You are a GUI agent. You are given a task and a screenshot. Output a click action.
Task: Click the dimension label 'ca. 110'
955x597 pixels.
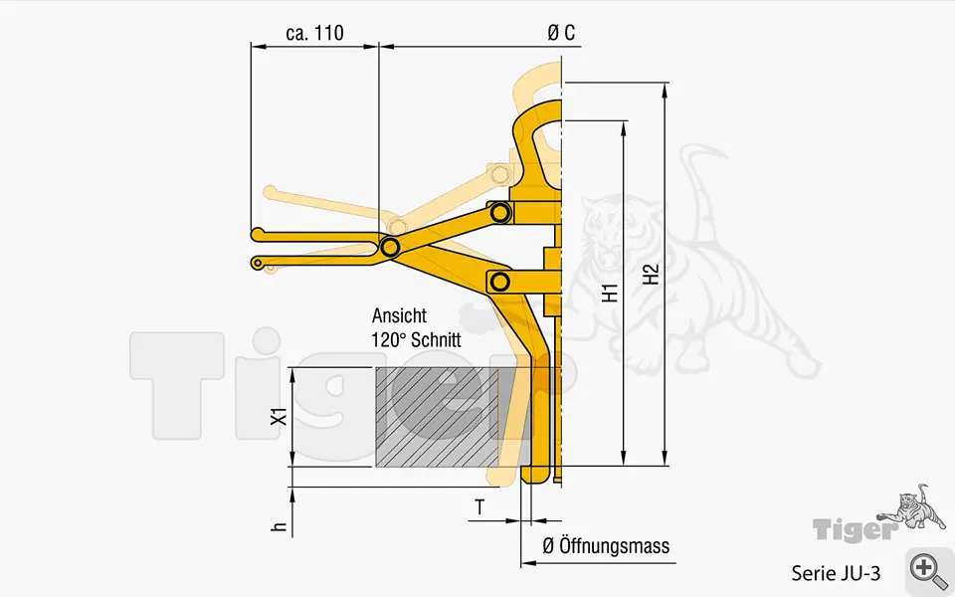[314, 33]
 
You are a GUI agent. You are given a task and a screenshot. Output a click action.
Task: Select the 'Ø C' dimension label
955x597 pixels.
[561, 33]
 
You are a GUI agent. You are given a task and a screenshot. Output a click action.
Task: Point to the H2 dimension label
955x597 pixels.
[652, 275]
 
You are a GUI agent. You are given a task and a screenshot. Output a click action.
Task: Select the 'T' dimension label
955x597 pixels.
[480, 507]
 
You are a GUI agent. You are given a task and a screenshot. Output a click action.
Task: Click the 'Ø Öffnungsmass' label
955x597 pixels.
[605, 546]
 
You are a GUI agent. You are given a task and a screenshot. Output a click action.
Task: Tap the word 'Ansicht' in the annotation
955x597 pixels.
[399, 315]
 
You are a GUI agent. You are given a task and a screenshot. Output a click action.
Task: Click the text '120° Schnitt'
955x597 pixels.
[416, 338]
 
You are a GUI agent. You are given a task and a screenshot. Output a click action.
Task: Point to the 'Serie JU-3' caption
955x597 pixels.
[836, 573]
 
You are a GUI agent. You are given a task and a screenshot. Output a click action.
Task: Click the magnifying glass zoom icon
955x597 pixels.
[927, 570]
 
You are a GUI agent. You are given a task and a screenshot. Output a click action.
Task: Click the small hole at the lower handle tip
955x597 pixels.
[258, 264]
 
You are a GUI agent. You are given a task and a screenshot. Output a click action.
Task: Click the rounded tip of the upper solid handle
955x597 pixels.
[257, 235]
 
